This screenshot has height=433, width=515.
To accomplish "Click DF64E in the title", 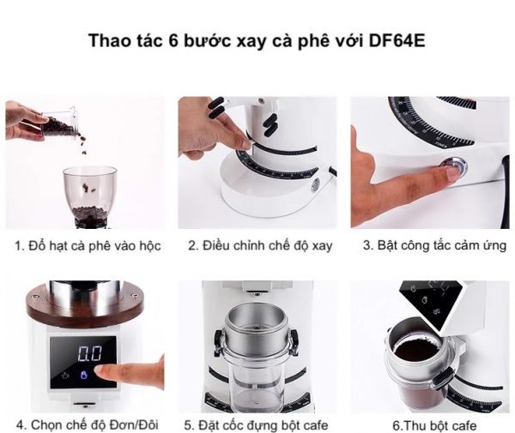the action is [397, 41].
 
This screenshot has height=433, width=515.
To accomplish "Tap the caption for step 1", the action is [88, 246].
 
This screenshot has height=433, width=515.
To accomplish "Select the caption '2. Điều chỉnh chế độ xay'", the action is [260, 246].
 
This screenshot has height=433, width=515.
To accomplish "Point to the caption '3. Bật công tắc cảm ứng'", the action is [434, 245].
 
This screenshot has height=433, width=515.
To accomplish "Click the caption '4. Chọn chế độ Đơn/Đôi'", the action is [88, 425].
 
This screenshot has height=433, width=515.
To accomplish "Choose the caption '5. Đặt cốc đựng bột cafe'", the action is [256, 425].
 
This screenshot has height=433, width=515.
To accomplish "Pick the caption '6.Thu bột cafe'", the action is [434, 426].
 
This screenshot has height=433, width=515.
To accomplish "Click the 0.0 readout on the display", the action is [90, 353].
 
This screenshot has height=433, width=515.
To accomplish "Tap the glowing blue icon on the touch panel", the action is [84, 375].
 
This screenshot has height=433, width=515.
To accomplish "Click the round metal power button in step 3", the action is [457, 165].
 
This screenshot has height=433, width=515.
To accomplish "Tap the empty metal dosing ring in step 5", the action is [256, 329].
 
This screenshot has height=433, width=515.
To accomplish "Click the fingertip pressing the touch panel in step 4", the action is [102, 370].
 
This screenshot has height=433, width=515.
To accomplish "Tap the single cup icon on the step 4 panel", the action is [65, 376].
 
